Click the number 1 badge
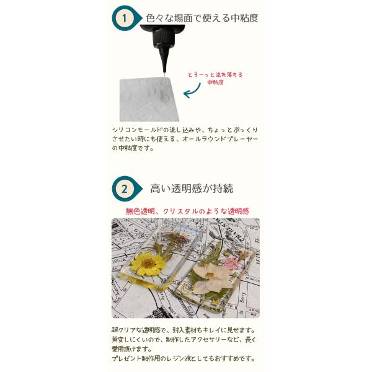click(125, 18)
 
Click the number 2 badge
click(125, 189)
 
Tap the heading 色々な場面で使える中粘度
click(202, 18)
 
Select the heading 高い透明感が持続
click(192, 188)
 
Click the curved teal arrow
click(193, 91)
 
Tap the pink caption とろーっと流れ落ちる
click(215, 75)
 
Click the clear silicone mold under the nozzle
click(149, 100)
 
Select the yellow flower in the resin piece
click(148, 264)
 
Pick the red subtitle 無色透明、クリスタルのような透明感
click(187, 211)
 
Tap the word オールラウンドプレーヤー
click(220, 139)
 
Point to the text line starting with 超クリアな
click(183, 330)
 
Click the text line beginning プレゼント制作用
click(183, 358)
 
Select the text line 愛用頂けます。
click(131, 348)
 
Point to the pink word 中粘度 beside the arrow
click(215, 82)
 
